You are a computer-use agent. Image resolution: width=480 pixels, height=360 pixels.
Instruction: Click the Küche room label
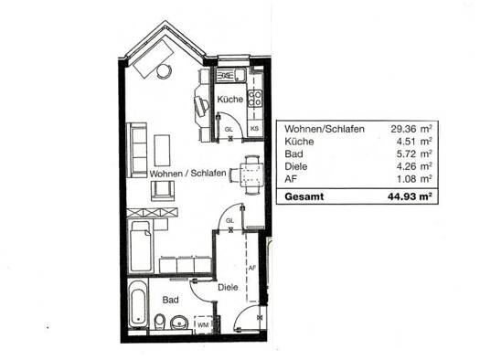click(x=229, y=100)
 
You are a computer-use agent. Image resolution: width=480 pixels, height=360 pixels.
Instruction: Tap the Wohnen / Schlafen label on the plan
click(x=187, y=174)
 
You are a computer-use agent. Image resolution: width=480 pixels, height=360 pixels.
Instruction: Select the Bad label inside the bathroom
click(x=170, y=300)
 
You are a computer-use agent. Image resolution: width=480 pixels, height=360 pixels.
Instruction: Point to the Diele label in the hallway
click(x=228, y=288)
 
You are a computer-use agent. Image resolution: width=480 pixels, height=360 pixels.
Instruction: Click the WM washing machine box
click(x=203, y=325)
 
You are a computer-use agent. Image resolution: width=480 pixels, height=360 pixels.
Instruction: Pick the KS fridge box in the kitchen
click(x=255, y=129)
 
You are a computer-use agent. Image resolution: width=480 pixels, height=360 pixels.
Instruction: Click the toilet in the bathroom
click(x=159, y=322)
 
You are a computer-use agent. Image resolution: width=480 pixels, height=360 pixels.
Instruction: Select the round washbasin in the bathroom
click(x=179, y=323)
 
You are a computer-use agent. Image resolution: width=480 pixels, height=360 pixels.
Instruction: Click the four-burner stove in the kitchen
click(x=255, y=98)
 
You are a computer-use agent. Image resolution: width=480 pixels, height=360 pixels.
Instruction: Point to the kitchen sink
click(x=231, y=75)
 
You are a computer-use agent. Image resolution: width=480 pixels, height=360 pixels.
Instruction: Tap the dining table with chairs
click(x=249, y=175)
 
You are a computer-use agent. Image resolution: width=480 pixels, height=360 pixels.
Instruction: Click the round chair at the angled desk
click(x=164, y=71)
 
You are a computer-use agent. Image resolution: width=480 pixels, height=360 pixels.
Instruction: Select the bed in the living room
click(x=141, y=246)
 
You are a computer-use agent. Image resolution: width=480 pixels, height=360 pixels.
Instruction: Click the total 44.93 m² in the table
click(x=410, y=196)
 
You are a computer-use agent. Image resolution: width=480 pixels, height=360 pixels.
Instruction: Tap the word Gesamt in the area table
click(x=304, y=196)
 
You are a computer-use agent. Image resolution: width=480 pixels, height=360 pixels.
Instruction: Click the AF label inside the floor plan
click(x=251, y=268)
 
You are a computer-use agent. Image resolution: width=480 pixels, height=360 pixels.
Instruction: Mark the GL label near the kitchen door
click(x=229, y=130)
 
